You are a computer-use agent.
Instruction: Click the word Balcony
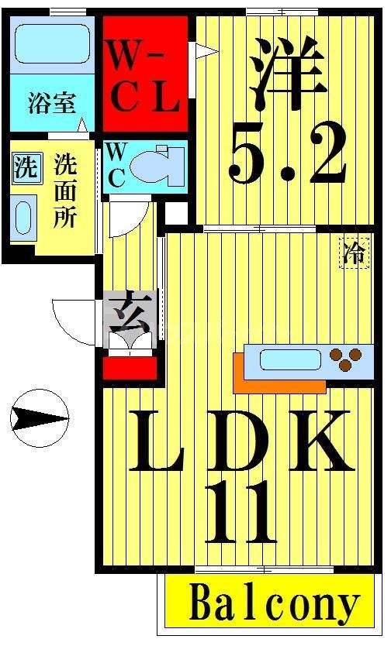click(x=275, y=605)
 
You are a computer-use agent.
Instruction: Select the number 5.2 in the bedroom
click(x=286, y=159)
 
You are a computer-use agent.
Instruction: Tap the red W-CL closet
click(x=145, y=75)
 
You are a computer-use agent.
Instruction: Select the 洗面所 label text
click(x=64, y=191)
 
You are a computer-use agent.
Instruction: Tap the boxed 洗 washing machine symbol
click(x=26, y=168)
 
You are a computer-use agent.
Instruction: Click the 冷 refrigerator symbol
click(x=354, y=253)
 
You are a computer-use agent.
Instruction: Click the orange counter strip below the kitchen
click(x=279, y=384)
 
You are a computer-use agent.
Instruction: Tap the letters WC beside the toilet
click(x=116, y=164)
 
